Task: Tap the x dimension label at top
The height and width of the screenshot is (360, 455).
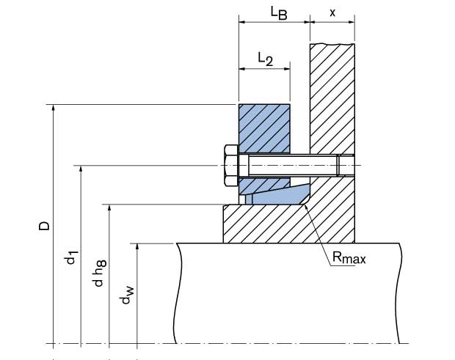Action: pos(332,12)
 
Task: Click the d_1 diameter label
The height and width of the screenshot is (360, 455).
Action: pos(71,259)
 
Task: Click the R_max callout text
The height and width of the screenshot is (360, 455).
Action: pos(348,257)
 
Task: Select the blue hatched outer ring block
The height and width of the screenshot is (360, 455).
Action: pos(263,128)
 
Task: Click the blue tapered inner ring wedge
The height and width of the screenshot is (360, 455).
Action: pos(279,194)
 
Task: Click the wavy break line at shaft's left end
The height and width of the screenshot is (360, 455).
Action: pos(177,293)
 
